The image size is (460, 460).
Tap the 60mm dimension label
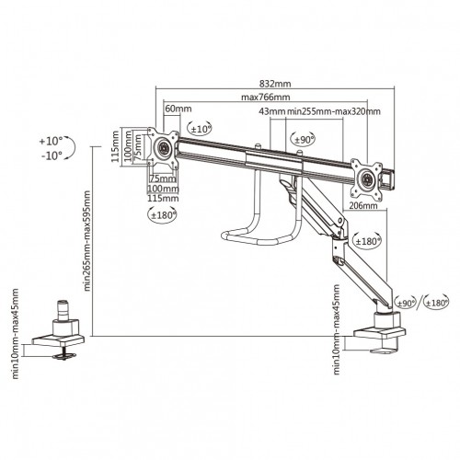[173, 109]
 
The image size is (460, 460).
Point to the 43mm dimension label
[272, 111]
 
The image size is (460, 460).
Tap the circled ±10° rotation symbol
[200, 129]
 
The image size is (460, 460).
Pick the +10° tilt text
[52, 142]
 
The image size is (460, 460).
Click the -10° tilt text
[52, 155]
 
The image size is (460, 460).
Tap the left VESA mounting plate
[164, 147]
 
